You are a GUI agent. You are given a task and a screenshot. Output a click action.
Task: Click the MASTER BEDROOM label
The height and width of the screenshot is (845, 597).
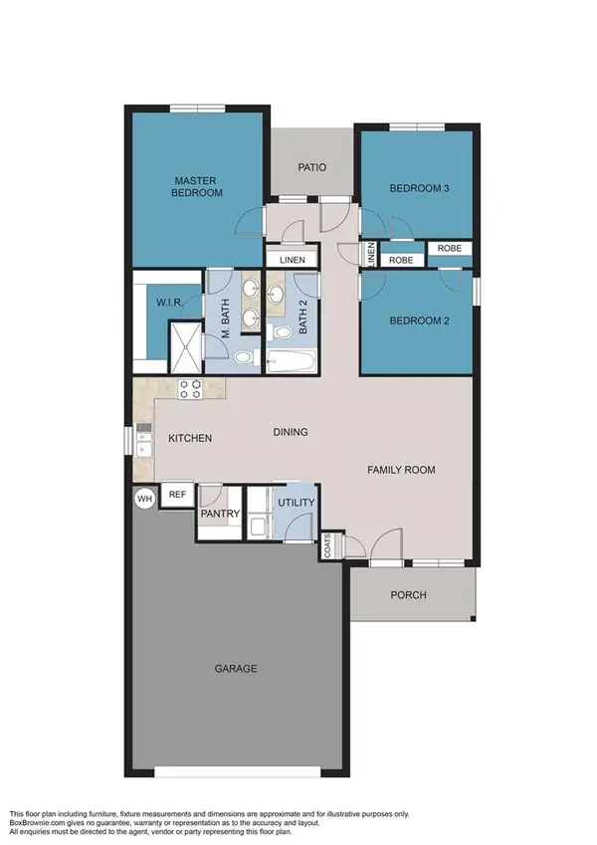(196, 186)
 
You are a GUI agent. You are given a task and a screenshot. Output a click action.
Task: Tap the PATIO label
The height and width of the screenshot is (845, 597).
(310, 167)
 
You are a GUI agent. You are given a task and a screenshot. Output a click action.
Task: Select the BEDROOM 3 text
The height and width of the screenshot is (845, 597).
(413, 188)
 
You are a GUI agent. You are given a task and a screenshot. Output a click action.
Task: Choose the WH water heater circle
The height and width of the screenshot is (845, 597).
(145, 499)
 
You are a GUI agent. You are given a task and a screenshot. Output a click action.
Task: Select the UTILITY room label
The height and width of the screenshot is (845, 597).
(296, 506)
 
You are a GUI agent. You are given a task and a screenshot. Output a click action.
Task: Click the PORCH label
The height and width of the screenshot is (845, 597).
(409, 595)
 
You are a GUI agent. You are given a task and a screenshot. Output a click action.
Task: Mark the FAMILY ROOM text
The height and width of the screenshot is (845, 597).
(401, 470)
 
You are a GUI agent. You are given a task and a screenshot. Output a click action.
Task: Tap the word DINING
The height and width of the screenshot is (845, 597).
(292, 432)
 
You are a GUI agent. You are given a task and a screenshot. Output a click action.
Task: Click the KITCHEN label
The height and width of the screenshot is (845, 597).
(189, 438)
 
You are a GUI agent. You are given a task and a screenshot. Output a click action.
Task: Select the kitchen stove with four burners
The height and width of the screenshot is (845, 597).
(189, 389)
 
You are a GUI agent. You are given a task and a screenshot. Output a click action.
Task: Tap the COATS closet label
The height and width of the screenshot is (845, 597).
(327, 545)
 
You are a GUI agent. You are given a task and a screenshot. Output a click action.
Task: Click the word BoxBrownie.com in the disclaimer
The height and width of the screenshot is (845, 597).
(38, 823)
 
